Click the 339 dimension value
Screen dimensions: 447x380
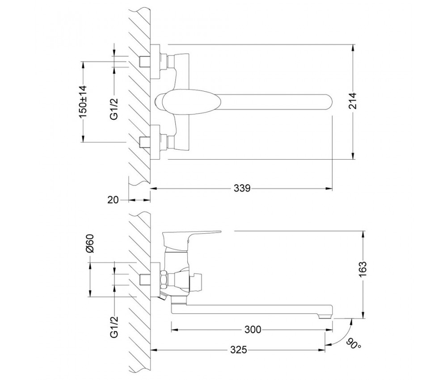242,188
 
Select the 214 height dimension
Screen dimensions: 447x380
353,100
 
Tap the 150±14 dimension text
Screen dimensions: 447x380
83,102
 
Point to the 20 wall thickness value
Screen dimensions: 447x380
113,200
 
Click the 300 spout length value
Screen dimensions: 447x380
253,329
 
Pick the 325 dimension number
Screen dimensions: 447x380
239,350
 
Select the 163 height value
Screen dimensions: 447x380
363,269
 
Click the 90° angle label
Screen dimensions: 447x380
354,344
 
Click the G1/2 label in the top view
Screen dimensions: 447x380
114,109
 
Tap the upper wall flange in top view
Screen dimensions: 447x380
155,62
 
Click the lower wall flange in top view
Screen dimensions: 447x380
155,142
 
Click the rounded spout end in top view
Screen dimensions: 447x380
328,102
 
